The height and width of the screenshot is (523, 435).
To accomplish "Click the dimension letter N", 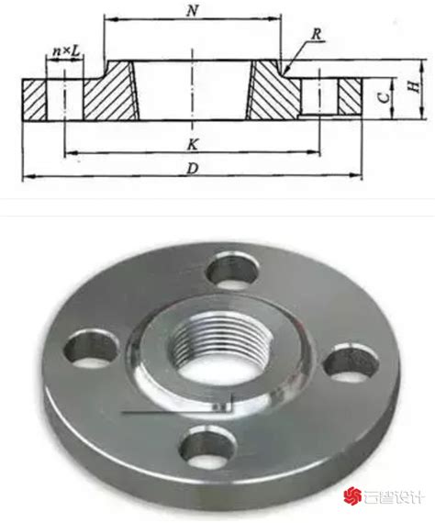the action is (192, 11).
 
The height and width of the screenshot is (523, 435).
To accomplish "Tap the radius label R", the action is (318, 34).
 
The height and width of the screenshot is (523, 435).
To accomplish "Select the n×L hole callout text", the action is (67, 51).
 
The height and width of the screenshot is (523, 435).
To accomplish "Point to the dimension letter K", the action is (193, 144).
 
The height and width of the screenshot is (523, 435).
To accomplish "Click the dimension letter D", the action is (193, 169).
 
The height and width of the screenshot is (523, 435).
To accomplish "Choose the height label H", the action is (414, 86).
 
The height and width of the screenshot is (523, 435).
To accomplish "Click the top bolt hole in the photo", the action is (232, 271).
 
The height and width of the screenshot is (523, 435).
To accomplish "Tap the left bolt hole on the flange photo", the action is (91, 349).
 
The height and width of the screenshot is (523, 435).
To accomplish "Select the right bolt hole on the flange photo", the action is (351, 364).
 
